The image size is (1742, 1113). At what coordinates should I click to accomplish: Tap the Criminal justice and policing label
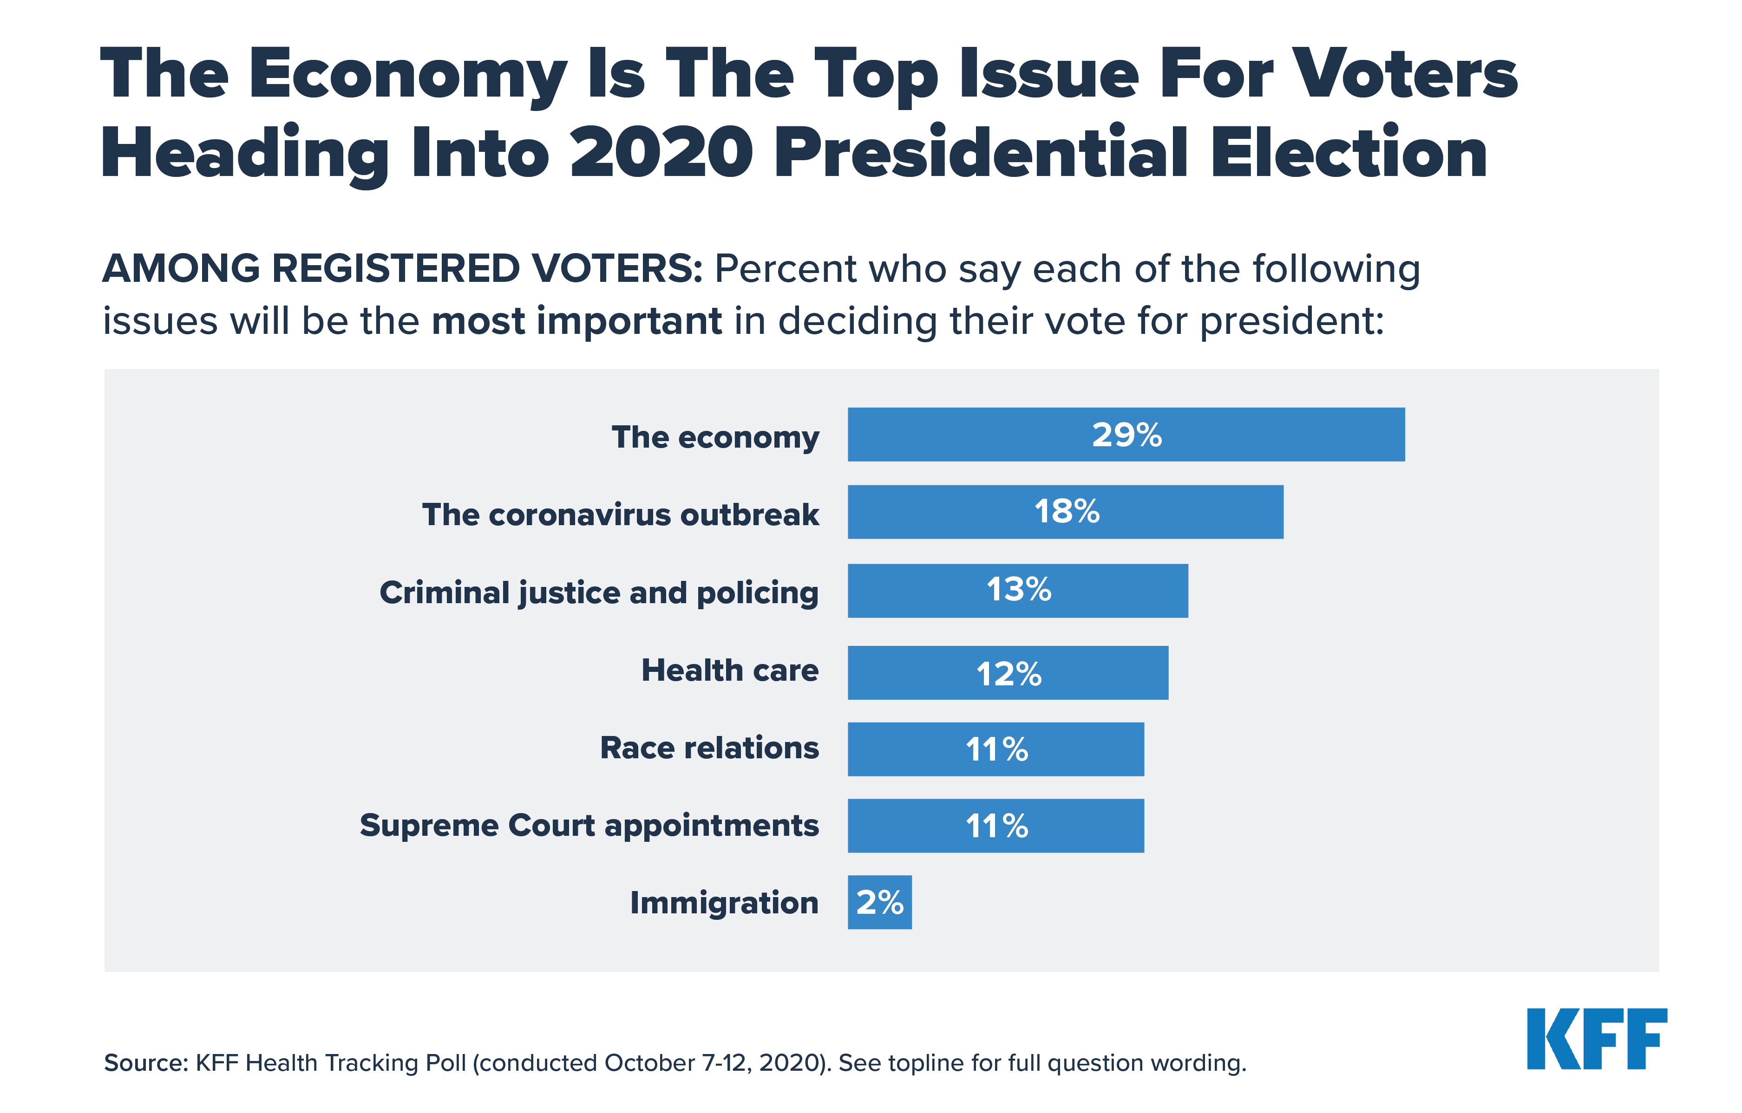(598, 592)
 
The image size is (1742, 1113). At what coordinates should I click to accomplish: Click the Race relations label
(709, 748)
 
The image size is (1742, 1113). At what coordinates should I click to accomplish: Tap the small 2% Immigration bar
(880, 903)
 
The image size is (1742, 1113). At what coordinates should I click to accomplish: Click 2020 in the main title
(661, 153)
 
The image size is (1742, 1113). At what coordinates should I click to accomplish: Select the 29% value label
(1126, 435)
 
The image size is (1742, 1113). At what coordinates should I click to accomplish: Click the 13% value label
(1019, 589)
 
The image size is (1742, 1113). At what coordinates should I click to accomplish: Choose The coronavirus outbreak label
(620, 515)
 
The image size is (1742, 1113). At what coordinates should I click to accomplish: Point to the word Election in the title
(1349, 153)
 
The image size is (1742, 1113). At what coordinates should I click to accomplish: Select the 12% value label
(1009, 674)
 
